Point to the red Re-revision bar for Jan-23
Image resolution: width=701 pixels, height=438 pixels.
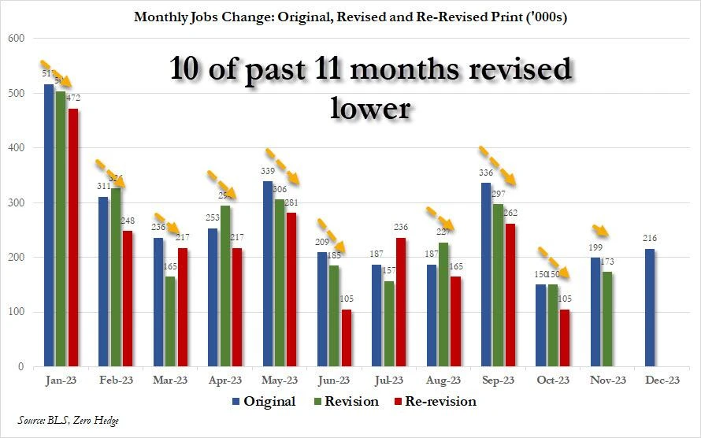(73, 237)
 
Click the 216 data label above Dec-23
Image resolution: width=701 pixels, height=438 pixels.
(650, 238)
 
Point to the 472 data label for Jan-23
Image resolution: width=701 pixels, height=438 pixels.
(74, 98)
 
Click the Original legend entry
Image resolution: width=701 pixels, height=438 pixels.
(263, 402)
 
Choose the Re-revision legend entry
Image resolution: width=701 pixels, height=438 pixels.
(436, 402)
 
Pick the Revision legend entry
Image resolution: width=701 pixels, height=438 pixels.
(346, 402)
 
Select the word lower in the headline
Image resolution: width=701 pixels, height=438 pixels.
(370, 106)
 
